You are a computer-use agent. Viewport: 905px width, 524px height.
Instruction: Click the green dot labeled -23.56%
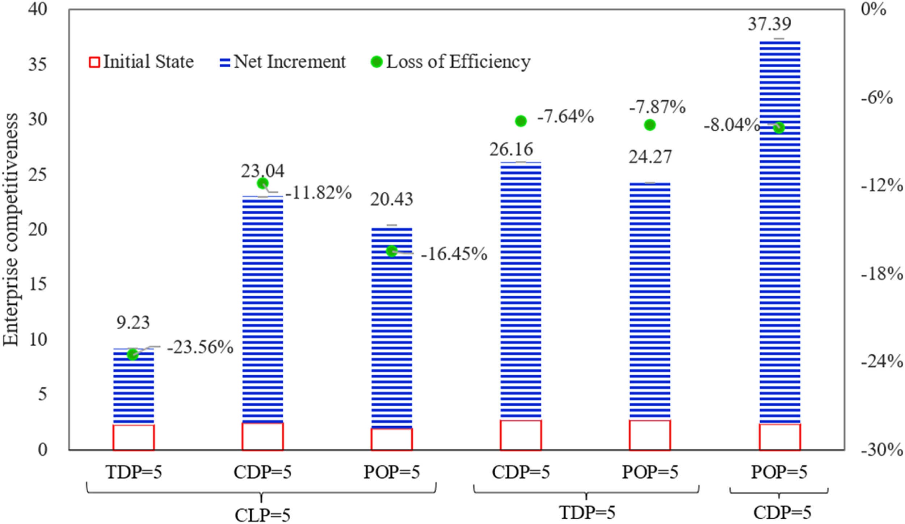133,354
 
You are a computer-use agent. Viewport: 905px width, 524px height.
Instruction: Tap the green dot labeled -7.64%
521,121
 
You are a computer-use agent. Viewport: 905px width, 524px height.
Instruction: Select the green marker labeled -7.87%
650,125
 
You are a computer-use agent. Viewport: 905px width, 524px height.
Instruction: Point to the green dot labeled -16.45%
392,251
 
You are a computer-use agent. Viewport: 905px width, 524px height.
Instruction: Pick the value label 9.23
133,322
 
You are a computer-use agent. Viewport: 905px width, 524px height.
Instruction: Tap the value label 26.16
511,149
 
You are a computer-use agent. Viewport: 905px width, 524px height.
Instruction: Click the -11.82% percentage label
319,193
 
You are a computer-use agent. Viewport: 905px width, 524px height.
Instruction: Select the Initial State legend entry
142,62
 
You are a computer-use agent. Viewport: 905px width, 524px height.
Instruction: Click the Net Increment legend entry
283,62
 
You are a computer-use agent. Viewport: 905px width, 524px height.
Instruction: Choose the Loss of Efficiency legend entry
451,62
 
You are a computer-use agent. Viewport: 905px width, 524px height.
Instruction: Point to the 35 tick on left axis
38,65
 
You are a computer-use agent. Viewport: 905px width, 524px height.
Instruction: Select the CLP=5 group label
262,515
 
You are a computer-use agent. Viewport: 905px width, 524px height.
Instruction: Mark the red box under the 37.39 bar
779,437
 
